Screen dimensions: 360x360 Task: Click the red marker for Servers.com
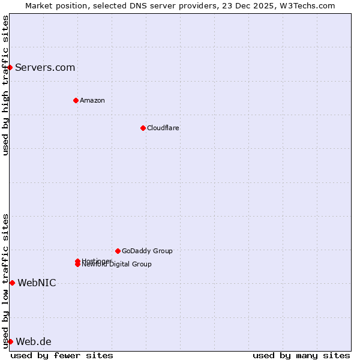click(10, 67)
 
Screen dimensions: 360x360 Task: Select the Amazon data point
click(76, 100)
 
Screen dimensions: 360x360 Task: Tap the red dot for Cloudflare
click(143, 128)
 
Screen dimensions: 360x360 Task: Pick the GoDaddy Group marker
click(118, 251)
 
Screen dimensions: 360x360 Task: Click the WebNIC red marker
click(12, 283)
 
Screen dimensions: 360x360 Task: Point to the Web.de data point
click(10, 341)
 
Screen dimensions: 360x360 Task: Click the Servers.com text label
click(45, 67)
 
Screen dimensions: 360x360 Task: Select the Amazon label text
click(92, 100)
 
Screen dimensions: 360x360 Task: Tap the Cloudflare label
click(163, 128)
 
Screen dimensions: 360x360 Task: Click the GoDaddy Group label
click(147, 251)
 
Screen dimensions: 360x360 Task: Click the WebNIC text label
click(37, 283)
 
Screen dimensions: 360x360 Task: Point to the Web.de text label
click(34, 341)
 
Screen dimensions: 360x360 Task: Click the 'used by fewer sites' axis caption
click(62, 355)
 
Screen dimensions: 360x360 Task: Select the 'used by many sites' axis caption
click(301, 355)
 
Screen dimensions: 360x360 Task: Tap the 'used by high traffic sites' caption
click(5, 85)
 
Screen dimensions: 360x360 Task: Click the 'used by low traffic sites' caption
click(5, 281)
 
